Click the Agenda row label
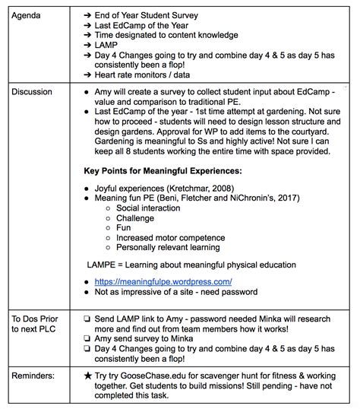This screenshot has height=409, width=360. (27, 14)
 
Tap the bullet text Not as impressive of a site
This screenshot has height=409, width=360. (175, 291)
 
